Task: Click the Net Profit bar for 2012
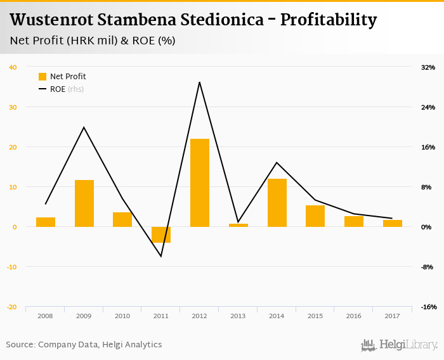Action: point(200,183)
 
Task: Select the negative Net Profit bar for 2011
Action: point(161,235)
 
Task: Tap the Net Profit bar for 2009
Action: point(84,203)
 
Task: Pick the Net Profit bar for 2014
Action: point(277,203)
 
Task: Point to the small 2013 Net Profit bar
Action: point(238,225)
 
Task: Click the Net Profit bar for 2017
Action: point(393,223)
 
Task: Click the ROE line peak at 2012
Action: point(199,82)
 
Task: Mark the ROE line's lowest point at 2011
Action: point(161,256)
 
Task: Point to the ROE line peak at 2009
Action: point(84,127)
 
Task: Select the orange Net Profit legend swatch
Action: point(43,77)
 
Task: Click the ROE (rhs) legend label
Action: point(67,89)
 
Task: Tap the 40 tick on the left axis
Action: point(13,67)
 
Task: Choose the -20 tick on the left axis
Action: point(12,307)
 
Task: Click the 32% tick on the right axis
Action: point(428,67)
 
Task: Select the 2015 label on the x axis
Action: point(315,316)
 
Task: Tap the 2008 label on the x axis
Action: point(45,316)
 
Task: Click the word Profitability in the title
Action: point(329,20)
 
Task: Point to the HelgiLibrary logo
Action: point(399,345)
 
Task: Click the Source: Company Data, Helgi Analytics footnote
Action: point(84,345)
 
